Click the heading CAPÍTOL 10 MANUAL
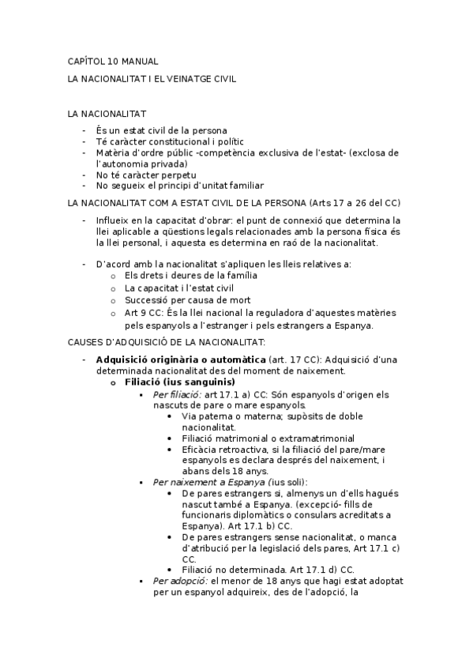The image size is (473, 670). pyautogui.click(x=112, y=61)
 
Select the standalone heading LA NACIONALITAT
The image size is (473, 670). pyautogui.click(x=107, y=115)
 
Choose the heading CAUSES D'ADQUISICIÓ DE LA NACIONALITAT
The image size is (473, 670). pyautogui.click(x=166, y=341)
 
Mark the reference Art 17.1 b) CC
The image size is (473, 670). pyautogui.click(x=254, y=525)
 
